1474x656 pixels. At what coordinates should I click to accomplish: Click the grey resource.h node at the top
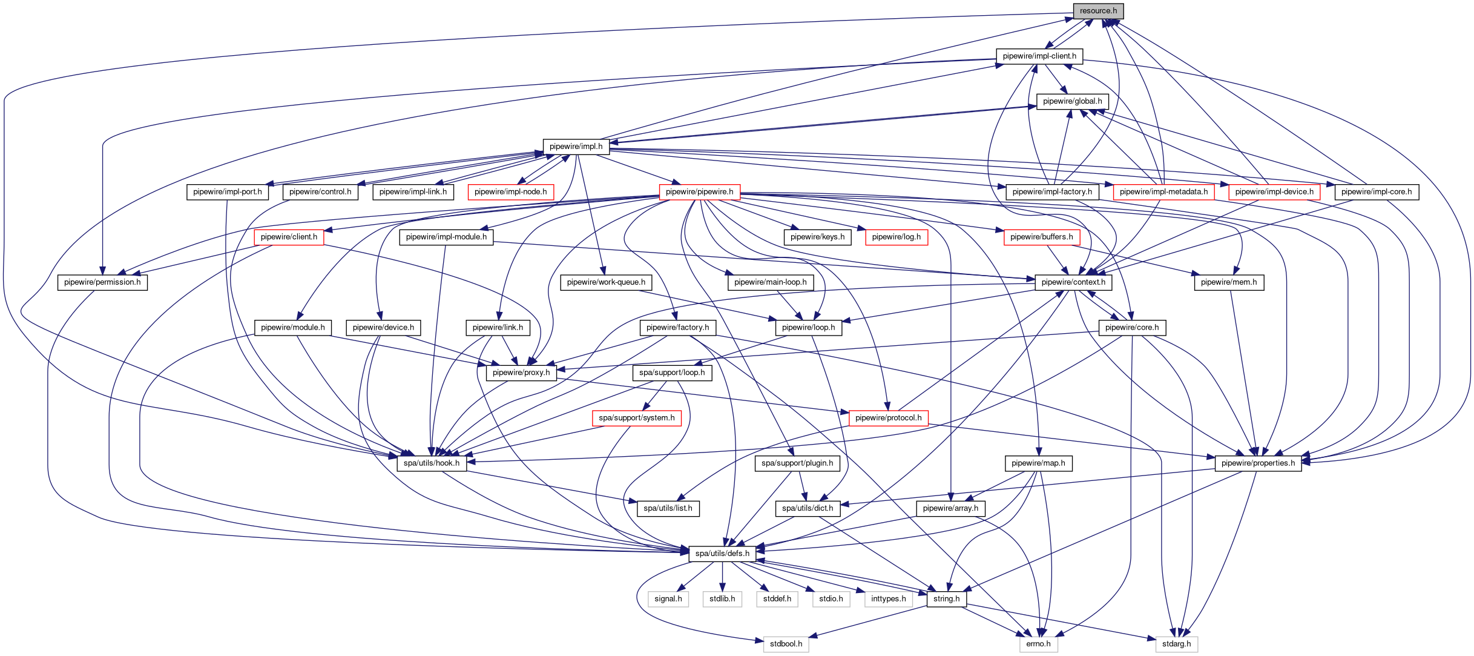coord(1098,11)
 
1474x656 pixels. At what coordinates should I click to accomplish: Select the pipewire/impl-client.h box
coord(1039,56)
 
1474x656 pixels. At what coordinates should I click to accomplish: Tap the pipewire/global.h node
coord(1072,101)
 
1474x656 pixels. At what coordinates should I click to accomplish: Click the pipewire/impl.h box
coord(576,147)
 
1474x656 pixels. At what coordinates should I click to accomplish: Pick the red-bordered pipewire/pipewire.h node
coord(699,192)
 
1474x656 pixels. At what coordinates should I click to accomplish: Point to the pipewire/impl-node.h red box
coord(510,192)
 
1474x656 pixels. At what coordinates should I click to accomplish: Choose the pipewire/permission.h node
coord(102,282)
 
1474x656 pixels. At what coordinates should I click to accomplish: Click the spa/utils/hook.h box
coord(431,463)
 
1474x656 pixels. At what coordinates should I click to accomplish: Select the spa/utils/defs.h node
coord(722,554)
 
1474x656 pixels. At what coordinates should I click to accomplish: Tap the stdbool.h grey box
coord(786,644)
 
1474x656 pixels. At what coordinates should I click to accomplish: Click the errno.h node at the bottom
coord(1038,644)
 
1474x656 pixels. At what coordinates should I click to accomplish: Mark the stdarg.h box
coord(1176,644)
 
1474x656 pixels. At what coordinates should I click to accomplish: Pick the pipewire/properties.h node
coord(1258,463)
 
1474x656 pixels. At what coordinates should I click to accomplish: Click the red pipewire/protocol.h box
coord(888,418)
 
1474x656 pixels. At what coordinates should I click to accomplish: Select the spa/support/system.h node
coord(636,418)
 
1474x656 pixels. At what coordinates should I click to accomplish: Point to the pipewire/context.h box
coord(1073,282)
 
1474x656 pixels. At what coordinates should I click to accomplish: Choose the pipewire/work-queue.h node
coord(606,282)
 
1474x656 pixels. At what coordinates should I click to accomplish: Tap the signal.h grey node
coord(668,599)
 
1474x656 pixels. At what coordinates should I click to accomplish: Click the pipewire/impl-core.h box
coord(1376,192)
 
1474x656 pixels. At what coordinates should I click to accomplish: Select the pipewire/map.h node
coord(1038,463)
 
